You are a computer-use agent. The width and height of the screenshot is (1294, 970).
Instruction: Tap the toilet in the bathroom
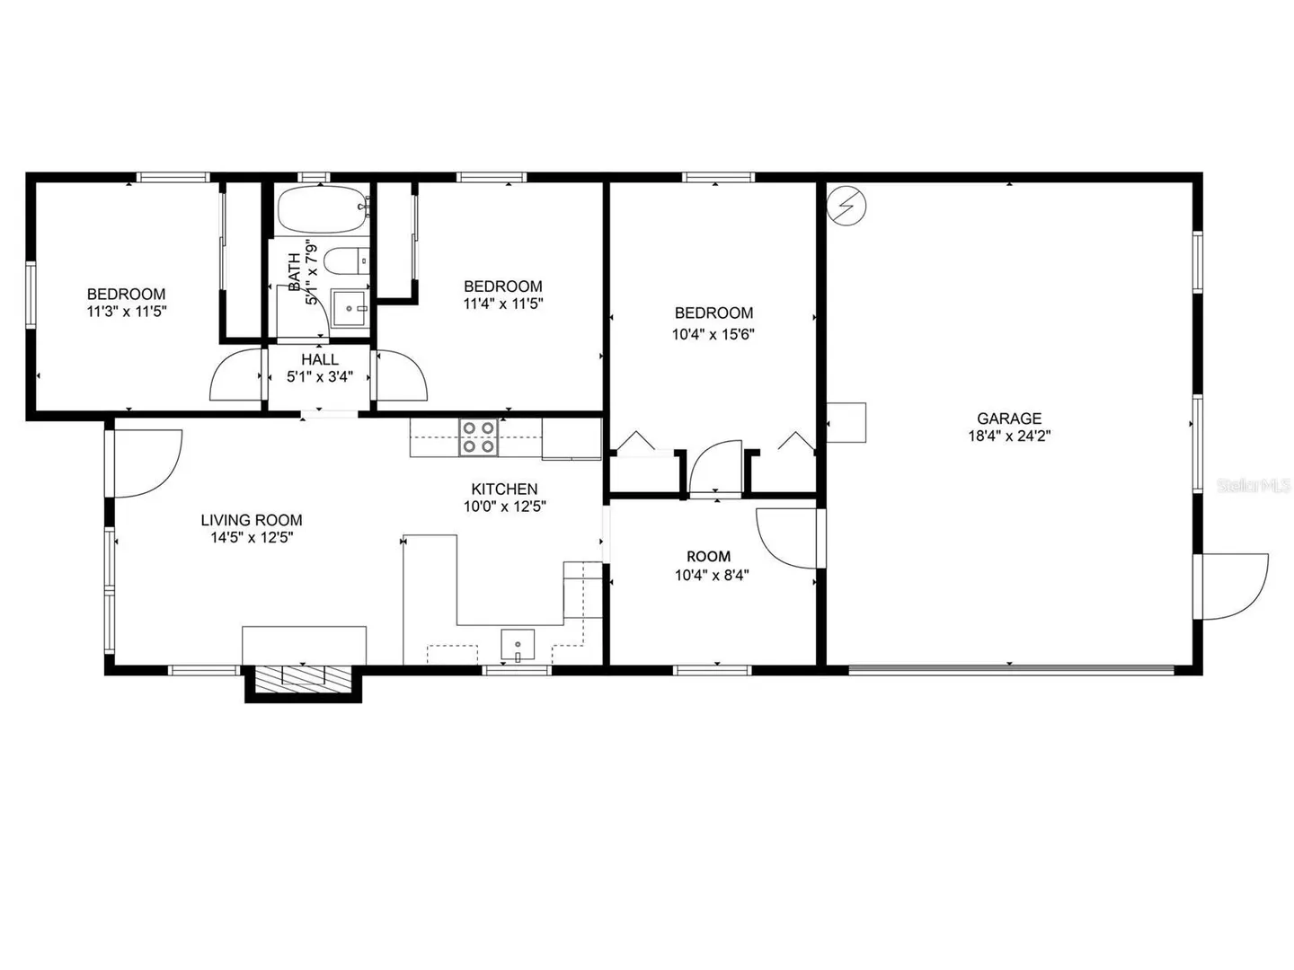(346, 261)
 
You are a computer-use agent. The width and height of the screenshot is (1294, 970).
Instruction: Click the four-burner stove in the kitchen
(478, 437)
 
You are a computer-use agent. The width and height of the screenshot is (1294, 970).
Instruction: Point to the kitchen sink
(518, 644)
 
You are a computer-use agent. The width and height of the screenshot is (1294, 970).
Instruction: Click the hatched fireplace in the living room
(303, 675)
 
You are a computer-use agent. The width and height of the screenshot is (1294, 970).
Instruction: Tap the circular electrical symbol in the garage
(846, 206)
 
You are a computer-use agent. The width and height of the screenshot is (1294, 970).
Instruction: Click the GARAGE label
(1009, 419)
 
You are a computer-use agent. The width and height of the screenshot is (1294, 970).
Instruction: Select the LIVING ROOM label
(252, 520)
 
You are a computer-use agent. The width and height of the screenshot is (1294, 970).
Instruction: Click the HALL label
(320, 359)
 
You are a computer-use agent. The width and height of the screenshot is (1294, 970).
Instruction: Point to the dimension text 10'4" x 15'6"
(713, 334)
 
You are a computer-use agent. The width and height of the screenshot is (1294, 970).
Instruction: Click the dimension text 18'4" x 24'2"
(1009, 436)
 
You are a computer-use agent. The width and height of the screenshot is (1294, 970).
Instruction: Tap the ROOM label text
(709, 557)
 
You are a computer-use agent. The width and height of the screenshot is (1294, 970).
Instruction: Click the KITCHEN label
(505, 489)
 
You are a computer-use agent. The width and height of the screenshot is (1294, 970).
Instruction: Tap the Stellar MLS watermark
(1254, 485)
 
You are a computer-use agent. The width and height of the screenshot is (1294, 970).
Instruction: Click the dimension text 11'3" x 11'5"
(127, 312)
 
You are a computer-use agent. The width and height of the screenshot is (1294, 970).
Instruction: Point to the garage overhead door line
(1011, 668)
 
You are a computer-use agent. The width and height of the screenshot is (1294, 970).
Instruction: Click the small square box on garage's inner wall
(846, 422)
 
